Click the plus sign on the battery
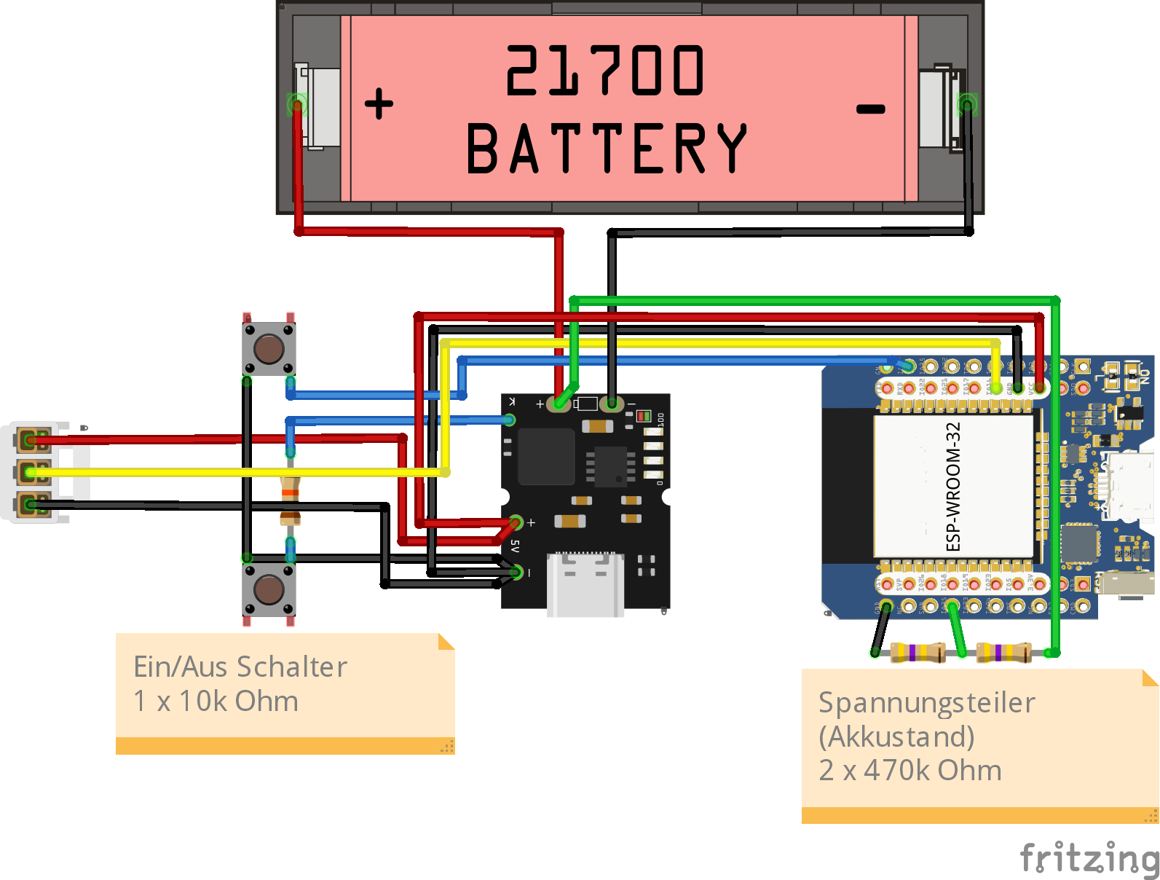pyautogui.click(x=379, y=103)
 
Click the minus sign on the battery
pyautogui.click(x=870, y=109)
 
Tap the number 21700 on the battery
pyautogui.click(x=604, y=70)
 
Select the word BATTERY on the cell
pyautogui.click(x=607, y=149)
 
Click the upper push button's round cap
pyautogui.click(x=269, y=349)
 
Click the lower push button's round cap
pyautogui.click(x=269, y=589)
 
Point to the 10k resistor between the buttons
pyautogui.click(x=290, y=500)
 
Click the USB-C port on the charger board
pyautogui.click(x=585, y=584)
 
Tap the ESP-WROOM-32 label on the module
pyautogui.click(x=953, y=487)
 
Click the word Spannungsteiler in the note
pyautogui.click(x=926, y=703)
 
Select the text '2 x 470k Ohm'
pyautogui.click(x=910, y=770)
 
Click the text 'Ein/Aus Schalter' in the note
pyautogui.click(x=240, y=667)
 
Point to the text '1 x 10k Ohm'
pyautogui.click(x=216, y=702)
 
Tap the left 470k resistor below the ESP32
pyautogui.click(x=918, y=652)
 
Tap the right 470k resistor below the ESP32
pyautogui.click(x=1003, y=652)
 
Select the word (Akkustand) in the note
pyautogui.click(x=896, y=736)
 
